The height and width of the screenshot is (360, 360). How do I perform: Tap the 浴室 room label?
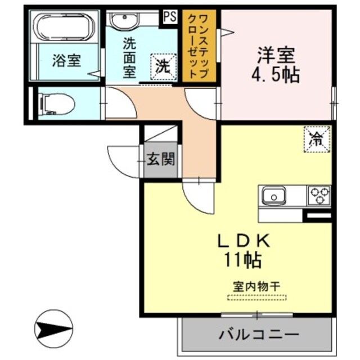[67, 61]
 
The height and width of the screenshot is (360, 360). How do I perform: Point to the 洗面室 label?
[131, 57]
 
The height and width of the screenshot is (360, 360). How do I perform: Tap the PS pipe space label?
[169, 16]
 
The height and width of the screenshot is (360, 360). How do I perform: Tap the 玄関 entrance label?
[160, 160]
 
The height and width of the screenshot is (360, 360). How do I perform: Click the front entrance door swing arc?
[121, 163]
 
